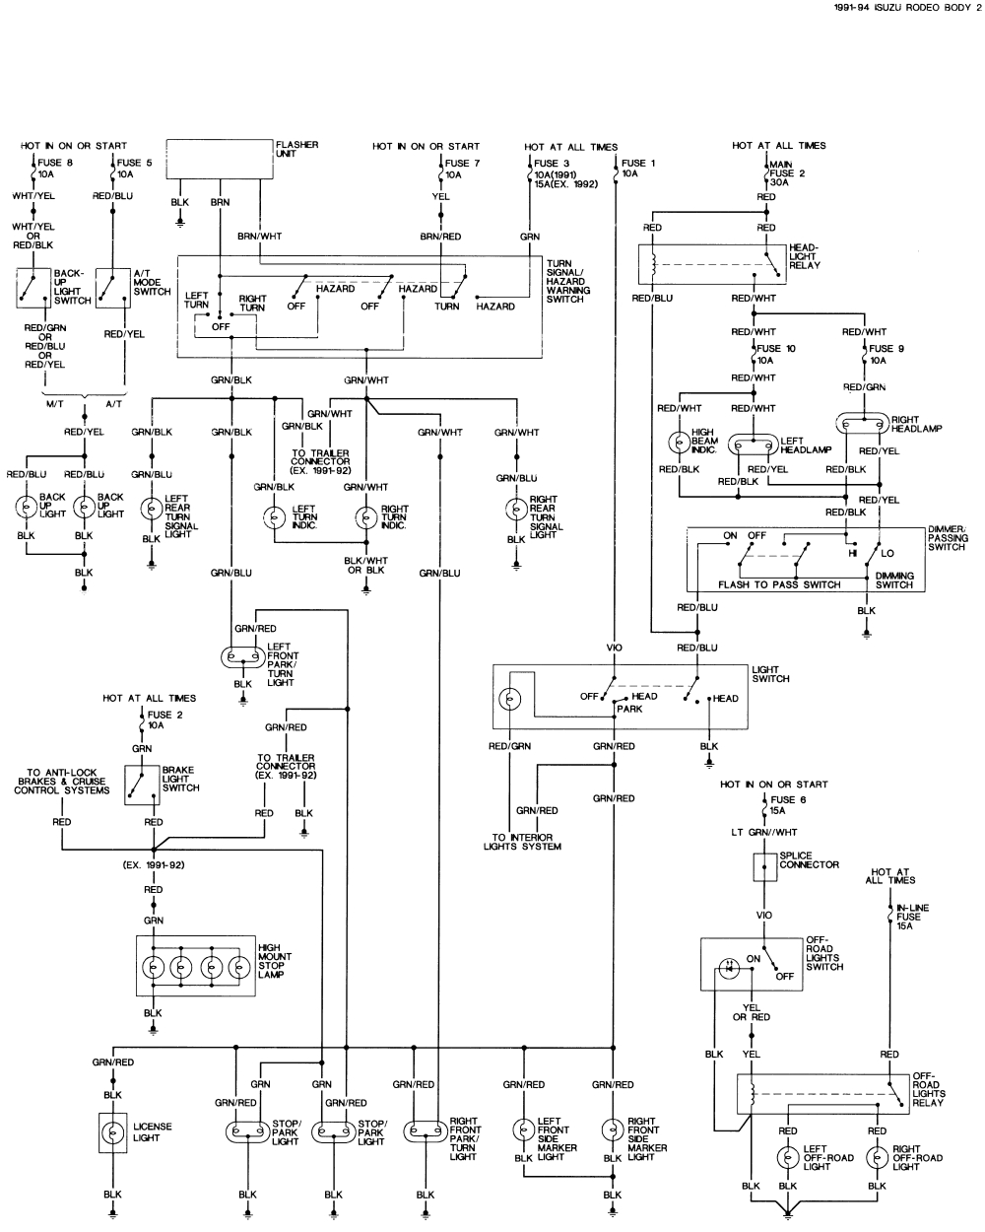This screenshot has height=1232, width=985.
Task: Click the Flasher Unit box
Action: pyautogui.click(x=218, y=159)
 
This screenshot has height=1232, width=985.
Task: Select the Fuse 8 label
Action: pyautogui.click(x=55, y=163)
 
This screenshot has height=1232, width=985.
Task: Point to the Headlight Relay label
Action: pyautogui.click(x=804, y=256)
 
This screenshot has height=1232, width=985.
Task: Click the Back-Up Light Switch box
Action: pyautogui.click(x=33, y=287)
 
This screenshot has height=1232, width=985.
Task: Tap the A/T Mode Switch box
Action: pyautogui.click(x=113, y=287)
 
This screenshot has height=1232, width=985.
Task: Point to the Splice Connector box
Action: pyautogui.click(x=764, y=867)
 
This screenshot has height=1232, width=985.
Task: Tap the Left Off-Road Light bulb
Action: pyautogui.click(x=788, y=1157)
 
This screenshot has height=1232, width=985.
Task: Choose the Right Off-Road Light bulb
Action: pyautogui.click(x=878, y=1157)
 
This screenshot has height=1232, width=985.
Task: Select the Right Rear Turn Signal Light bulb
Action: pyautogui.click(x=516, y=509)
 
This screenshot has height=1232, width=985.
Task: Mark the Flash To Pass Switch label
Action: pyautogui.click(x=779, y=584)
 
